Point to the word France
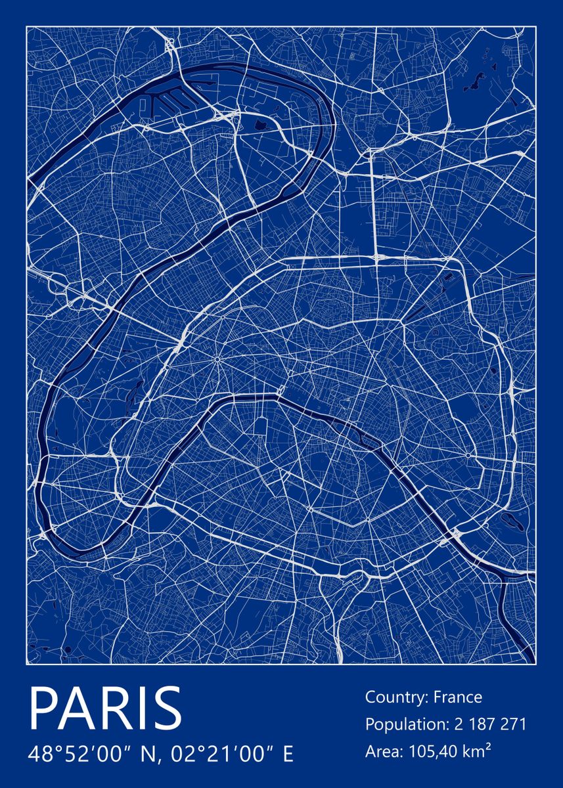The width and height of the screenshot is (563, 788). (458, 697)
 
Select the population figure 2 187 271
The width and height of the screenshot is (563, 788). (489, 725)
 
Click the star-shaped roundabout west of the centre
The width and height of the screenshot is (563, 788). (216, 359)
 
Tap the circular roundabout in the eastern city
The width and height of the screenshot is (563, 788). (467, 454)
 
